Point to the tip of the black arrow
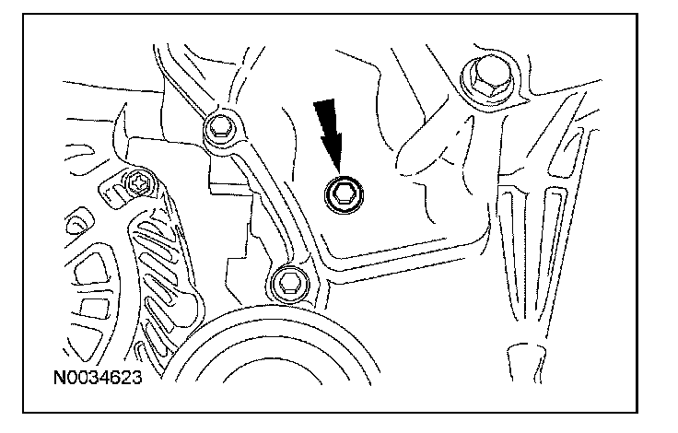[339, 176]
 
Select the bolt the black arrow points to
[345, 194]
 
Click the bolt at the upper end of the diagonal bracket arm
[220, 128]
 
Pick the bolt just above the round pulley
[288, 283]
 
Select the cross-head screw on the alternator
[140, 184]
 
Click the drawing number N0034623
[98, 378]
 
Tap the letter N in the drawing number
[59, 378]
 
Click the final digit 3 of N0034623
[136, 378]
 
